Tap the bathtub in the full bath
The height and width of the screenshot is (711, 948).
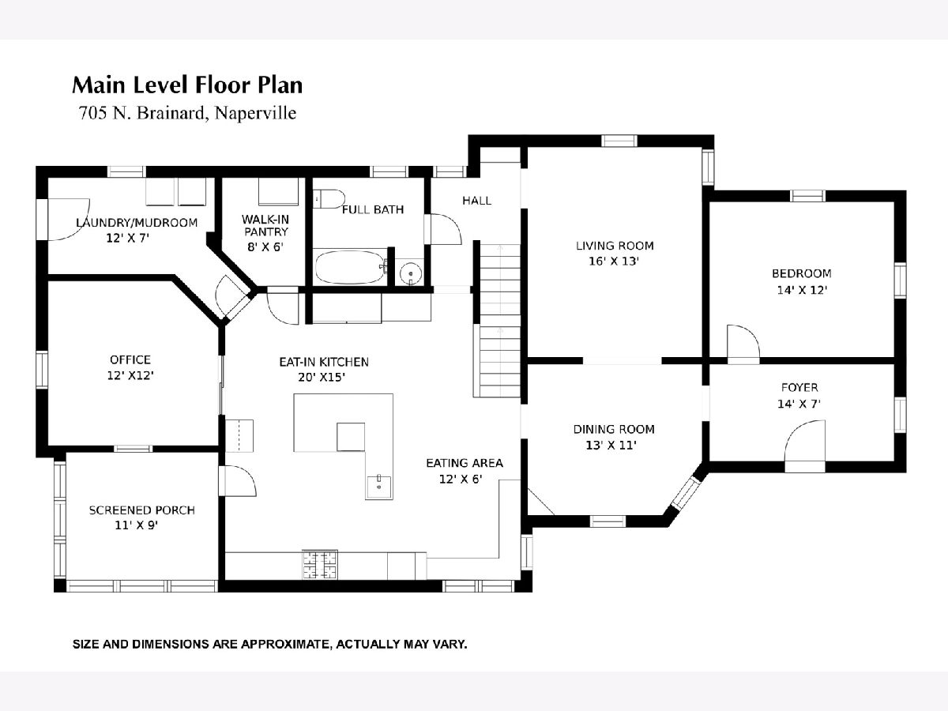[x=350, y=268]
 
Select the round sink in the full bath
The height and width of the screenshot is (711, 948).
[x=410, y=273]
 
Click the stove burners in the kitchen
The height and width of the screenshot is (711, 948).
[x=320, y=565]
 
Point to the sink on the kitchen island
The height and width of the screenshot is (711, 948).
[x=378, y=487]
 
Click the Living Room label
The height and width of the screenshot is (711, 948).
[x=615, y=246]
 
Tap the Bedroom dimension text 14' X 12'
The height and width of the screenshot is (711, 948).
[x=802, y=290]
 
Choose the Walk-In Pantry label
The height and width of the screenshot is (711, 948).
[x=265, y=225]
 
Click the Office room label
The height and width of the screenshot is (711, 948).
[x=130, y=359]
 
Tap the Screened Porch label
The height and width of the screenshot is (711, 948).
[x=141, y=510]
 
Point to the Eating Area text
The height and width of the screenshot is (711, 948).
[x=465, y=463]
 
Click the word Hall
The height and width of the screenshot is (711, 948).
[x=477, y=201]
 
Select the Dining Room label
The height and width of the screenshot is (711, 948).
[x=614, y=429]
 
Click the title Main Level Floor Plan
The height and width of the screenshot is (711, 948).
[x=187, y=85]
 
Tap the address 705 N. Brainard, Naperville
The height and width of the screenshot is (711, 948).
[x=187, y=113]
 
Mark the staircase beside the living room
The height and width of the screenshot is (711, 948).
[x=500, y=320]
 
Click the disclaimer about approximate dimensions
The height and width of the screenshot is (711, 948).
[x=269, y=645]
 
